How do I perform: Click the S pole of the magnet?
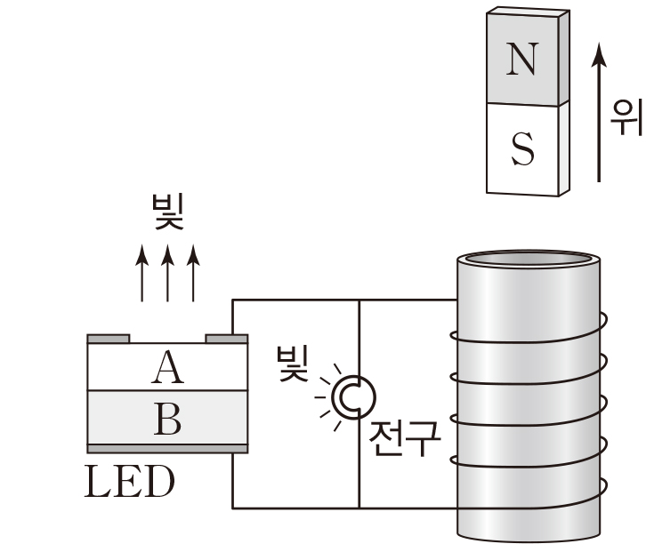(525, 148)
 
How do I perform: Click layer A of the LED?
(167, 366)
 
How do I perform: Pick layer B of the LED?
(167, 417)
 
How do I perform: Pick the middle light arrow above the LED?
(167, 275)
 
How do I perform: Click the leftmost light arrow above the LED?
(141, 275)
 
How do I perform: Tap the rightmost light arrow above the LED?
(194, 275)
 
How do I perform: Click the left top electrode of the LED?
(109, 339)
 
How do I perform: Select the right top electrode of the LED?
(226, 339)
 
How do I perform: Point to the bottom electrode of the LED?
(167, 448)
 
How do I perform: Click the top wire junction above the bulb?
(359, 300)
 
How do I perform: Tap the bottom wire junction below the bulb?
(359, 508)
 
